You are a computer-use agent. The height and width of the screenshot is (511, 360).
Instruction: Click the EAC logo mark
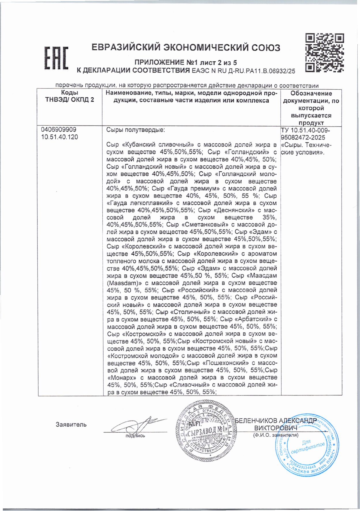coord(56,58)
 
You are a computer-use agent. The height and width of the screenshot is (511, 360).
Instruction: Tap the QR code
coord(325,53)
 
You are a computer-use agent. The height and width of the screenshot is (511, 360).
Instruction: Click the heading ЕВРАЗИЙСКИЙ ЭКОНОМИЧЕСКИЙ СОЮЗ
coord(186,48)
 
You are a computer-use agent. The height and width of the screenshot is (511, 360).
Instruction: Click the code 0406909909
coord(59,130)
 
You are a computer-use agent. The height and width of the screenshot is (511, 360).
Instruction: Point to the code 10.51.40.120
coord(59,137)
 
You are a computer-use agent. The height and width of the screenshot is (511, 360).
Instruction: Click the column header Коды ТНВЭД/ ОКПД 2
coord(70,96)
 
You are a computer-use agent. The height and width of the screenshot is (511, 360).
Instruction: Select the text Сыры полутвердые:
coord(135,130)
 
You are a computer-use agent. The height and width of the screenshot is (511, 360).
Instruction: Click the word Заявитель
coord(71,425)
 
